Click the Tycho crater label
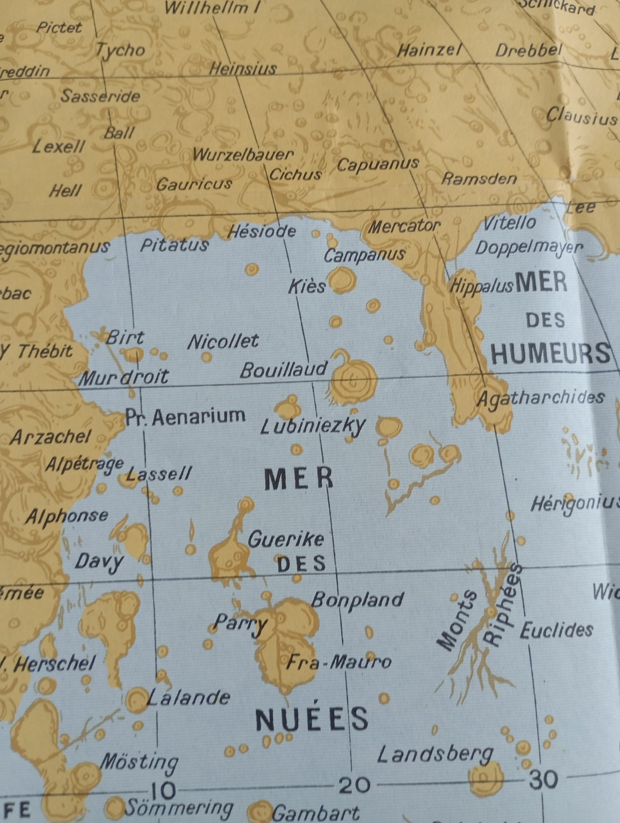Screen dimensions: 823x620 (120, 51)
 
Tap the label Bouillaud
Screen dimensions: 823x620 (284, 369)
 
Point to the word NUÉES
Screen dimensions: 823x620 (312, 719)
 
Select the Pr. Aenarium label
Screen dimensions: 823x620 (185, 417)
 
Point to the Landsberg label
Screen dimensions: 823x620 (435, 755)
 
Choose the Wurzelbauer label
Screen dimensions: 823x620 (243, 155)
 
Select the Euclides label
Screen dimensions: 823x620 (556, 629)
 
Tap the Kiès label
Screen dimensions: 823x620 (307, 287)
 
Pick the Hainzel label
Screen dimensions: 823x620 (429, 50)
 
